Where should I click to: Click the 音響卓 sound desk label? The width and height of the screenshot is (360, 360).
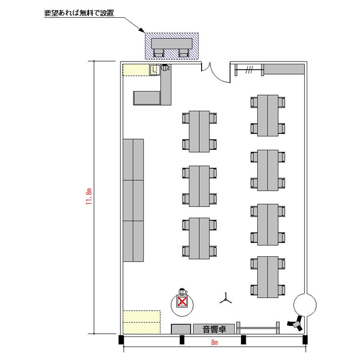(214, 329)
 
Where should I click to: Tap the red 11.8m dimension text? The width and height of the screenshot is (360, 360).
(89, 196)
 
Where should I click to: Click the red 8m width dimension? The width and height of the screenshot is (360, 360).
(215, 342)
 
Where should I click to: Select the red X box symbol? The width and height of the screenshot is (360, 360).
(182, 302)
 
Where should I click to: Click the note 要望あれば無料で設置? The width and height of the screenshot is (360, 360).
(79, 13)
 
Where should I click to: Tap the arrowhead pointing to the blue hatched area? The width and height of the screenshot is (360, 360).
(142, 30)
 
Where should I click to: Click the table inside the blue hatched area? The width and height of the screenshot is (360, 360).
(172, 44)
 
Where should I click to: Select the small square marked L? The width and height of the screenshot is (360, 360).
(155, 70)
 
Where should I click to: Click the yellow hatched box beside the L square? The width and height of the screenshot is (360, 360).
(136, 70)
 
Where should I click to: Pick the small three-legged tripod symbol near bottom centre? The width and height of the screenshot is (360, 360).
(226, 299)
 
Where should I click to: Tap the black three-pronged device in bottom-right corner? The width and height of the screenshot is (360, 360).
(296, 324)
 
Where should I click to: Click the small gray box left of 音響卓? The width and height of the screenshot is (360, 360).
(181, 329)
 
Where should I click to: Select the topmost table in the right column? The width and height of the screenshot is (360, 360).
(268, 116)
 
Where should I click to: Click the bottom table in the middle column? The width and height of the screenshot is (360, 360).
(199, 238)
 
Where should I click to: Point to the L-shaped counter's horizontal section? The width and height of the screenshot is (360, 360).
(146, 98)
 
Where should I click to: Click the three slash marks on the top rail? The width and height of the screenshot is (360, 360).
(249, 70)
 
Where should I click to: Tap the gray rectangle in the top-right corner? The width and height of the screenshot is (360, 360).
(284, 69)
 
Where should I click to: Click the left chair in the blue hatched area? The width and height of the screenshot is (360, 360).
(159, 53)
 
